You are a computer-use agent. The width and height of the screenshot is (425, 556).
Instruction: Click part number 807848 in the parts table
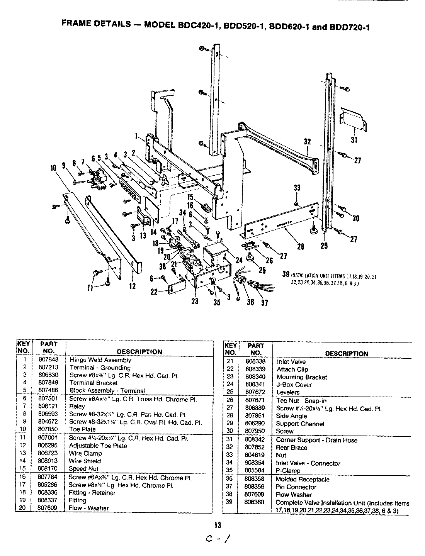[49, 359]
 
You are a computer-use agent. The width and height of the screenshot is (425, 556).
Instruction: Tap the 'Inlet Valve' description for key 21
[291, 362]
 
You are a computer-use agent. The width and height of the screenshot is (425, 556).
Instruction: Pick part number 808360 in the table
[255, 502]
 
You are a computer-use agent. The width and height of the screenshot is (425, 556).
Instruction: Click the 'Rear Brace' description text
[291, 448]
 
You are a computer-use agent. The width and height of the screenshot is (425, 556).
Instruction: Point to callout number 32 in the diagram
[307, 142]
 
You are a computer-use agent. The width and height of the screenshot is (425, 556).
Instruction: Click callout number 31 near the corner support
[354, 140]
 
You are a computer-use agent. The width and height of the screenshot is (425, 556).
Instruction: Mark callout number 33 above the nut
[297, 188]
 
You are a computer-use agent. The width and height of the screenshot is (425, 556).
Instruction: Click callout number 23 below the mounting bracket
[195, 301]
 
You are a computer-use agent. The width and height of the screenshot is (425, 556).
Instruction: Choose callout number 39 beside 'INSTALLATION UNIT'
[286, 274]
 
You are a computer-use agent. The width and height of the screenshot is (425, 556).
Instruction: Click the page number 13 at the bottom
[218, 525]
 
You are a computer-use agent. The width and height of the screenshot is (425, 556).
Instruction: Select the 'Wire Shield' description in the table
[85, 461]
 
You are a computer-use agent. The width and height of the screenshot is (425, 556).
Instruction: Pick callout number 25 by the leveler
[262, 270]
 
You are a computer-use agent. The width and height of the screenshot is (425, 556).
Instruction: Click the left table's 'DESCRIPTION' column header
[139, 352]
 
